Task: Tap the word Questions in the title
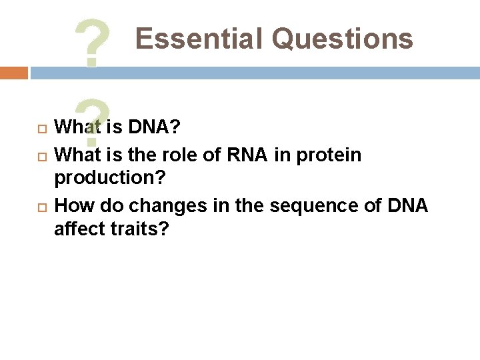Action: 343,39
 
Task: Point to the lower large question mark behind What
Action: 93,120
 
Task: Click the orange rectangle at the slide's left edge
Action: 13,73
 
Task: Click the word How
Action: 71,205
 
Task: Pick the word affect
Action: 78,230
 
